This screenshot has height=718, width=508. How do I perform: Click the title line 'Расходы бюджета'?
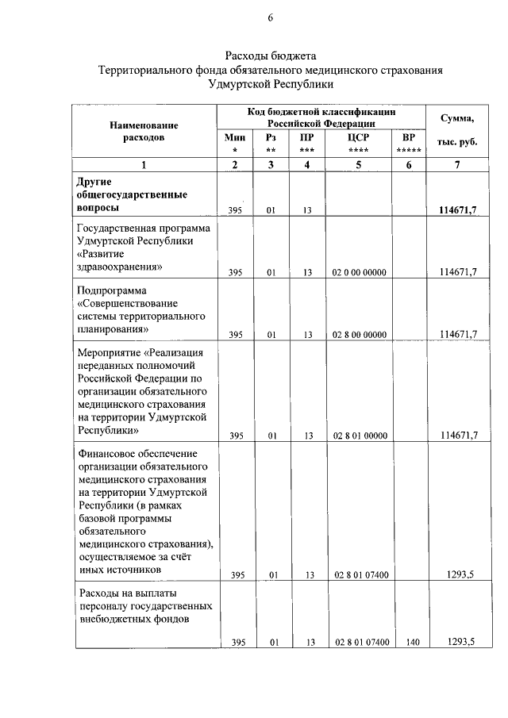coord(270,56)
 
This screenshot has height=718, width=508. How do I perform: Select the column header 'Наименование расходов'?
coord(144,131)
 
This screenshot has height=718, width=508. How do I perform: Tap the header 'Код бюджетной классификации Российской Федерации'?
coord(321,118)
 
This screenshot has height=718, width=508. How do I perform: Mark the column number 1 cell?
coord(144,164)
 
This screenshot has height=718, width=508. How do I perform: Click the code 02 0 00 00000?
coord(360,272)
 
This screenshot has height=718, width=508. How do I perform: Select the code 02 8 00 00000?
coord(360,334)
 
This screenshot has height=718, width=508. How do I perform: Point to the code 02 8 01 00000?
coord(360,436)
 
